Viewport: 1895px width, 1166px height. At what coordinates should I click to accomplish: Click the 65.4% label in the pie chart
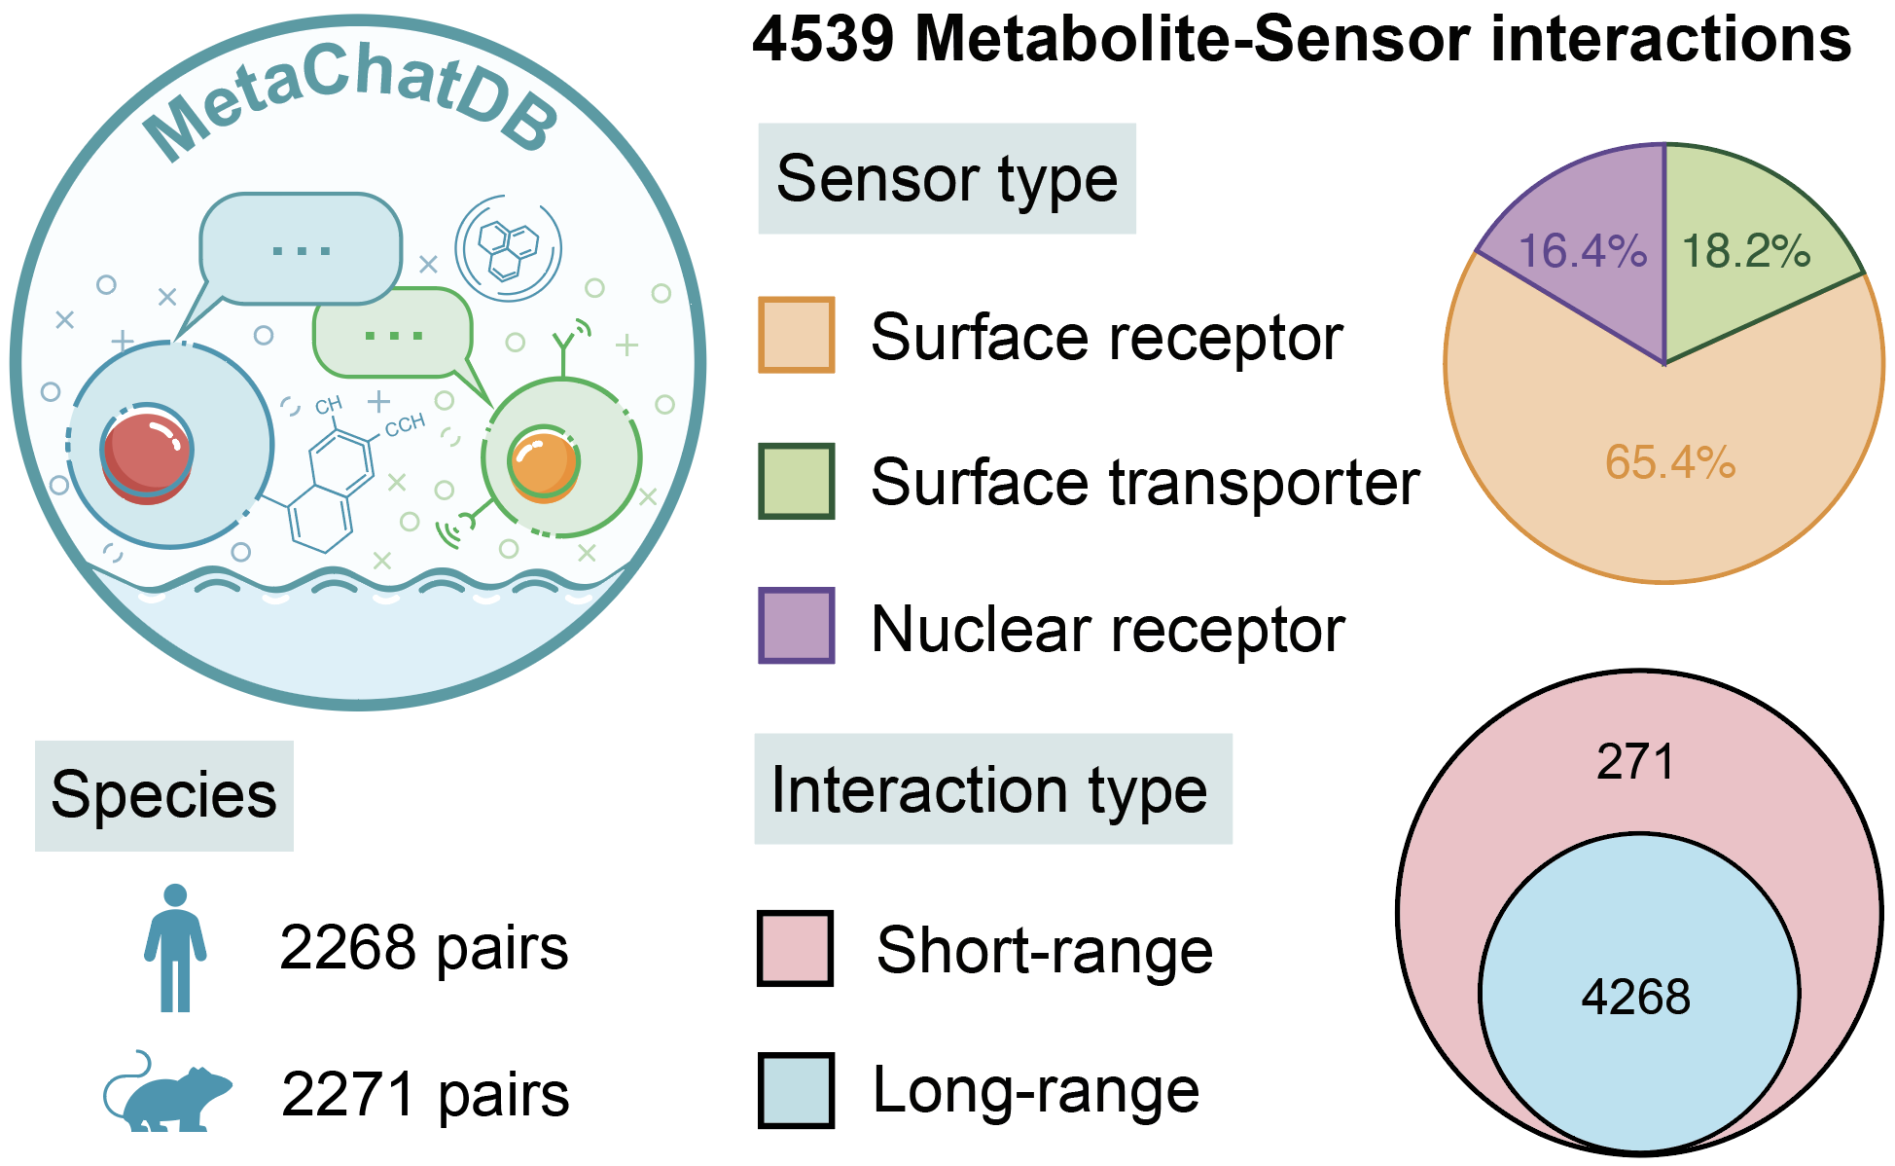[1670, 462]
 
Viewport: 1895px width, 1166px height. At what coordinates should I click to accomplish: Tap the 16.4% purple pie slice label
[1583, 251]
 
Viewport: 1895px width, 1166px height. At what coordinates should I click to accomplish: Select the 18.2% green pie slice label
[1746, 251]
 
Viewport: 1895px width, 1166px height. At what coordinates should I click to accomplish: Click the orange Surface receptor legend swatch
[797, 336]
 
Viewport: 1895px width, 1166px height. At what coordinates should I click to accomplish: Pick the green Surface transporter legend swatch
[797, 481]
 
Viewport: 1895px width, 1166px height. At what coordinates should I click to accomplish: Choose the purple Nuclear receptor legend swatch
[797, 626]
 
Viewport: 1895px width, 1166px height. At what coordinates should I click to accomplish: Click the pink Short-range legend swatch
[796, 948]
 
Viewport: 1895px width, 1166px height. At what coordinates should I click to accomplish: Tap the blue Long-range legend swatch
[796, 1090]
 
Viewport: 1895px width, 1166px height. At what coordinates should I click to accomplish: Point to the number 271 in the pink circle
[1635, 761]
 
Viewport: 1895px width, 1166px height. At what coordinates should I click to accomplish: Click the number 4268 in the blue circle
[1636, 997]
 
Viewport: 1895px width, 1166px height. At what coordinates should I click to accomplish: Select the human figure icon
[175, 948]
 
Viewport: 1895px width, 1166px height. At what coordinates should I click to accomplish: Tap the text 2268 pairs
[424, 948]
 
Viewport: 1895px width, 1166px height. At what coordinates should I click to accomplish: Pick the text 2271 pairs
[425, 1094]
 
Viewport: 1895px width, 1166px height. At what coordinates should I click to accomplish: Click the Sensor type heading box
[947, 178]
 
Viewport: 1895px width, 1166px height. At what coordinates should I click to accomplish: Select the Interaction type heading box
[993, 788]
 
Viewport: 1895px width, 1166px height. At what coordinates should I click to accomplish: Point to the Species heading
[164, 795]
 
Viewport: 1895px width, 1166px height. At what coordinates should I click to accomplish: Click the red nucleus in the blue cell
[147, 456]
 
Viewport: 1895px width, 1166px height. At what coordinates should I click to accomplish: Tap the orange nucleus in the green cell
[544, 464]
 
